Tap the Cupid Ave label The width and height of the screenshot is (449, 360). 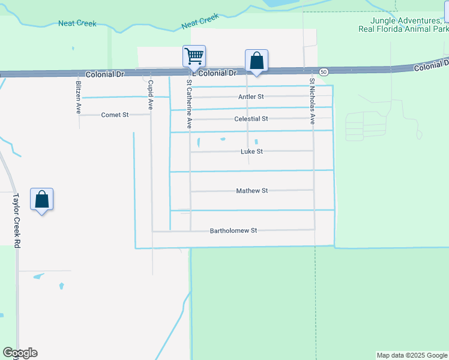click(x=151, y=94)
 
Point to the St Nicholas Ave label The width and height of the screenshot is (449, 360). click(x=312, y=100)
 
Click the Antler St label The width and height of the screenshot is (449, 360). click(x=252, y=97)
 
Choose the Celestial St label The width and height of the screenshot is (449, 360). click(x=251, y=119)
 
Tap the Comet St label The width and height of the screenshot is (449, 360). click(x=115, y=115)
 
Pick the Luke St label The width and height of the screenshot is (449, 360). click(x=252, y=152)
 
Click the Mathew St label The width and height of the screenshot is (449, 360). click(x=252, y=191)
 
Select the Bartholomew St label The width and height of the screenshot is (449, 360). click(x=233, y=230)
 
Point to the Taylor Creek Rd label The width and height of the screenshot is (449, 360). click(x=17, y=220)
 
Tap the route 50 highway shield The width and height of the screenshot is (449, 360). click(x=324, y=72)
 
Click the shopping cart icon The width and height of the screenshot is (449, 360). click(x=194, y=56)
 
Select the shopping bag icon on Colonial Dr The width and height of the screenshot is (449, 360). click(x=256, y=61)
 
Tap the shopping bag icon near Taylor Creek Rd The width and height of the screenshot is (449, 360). click(x=41, y=199)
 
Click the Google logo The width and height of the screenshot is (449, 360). click(x=20, y=353)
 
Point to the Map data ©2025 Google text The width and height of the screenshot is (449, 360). click(x=412, y=355)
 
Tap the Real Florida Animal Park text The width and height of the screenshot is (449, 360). click(x=403, y=29)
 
